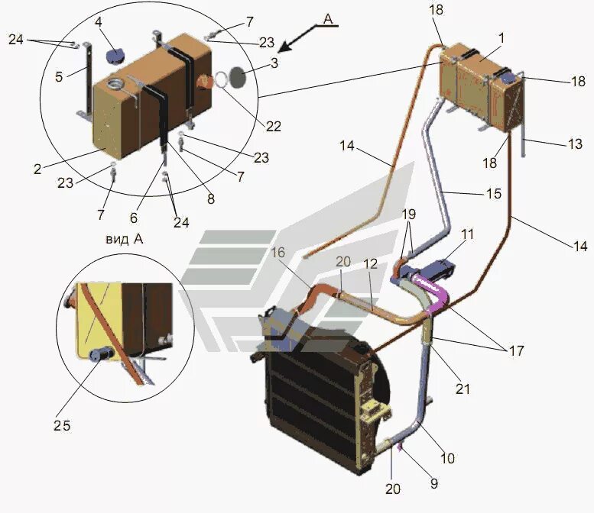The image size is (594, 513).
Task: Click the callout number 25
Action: pyautogui.click(x=63, y=426)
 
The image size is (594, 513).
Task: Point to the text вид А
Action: pyautogui.click(x=124, y=239)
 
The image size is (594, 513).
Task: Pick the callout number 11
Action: pyautogui.click(x=467, y=235)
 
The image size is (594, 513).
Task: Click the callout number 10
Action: pyautogui.click(x=447, y=458)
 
